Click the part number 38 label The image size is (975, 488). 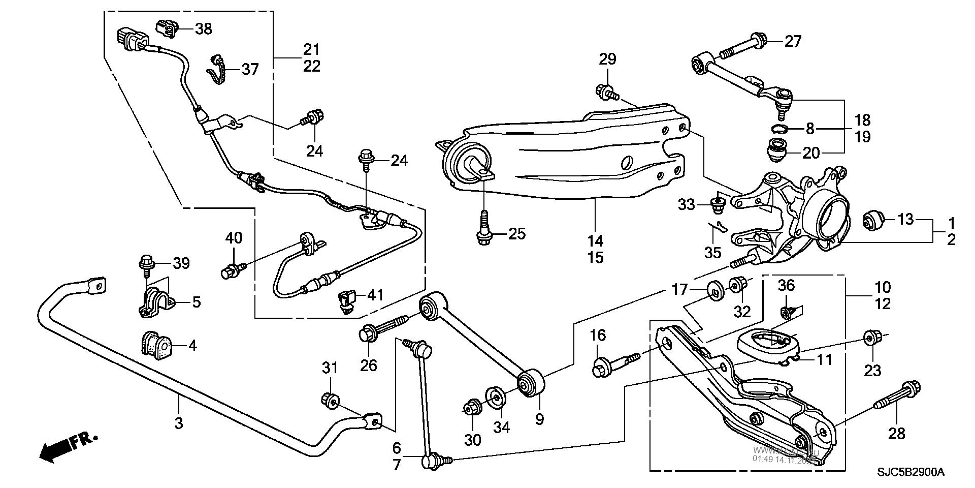204,29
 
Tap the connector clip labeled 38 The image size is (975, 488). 167,29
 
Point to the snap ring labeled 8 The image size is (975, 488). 779,128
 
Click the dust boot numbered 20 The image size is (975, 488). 776,150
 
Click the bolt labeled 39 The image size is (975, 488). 147,264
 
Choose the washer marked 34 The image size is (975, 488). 496,396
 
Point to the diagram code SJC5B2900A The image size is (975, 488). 912,473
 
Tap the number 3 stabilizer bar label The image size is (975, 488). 178,423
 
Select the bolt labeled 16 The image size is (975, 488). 614,364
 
